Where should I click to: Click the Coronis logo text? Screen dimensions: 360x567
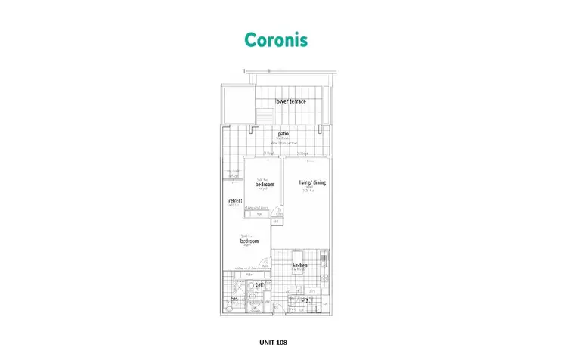(275, 39)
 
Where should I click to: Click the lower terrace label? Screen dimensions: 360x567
(290, 101)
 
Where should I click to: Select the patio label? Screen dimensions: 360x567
(283, 134)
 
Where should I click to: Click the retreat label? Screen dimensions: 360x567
(235, 200)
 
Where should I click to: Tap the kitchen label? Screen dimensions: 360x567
(299, 265)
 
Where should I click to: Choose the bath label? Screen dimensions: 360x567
(259, 285)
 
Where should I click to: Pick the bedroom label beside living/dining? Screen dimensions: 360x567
(264, 184)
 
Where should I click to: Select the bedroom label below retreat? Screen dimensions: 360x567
(249, 241)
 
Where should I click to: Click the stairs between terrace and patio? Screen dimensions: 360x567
(264, 116)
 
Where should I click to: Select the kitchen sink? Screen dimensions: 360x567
(324, 259)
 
